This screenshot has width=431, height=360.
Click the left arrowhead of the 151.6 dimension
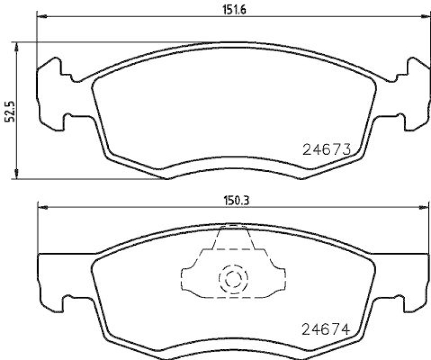[x=41, y=17]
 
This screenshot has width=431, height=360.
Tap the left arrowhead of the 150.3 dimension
[x=41, y=207]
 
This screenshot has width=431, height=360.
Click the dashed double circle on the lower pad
[x=233, y=279]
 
